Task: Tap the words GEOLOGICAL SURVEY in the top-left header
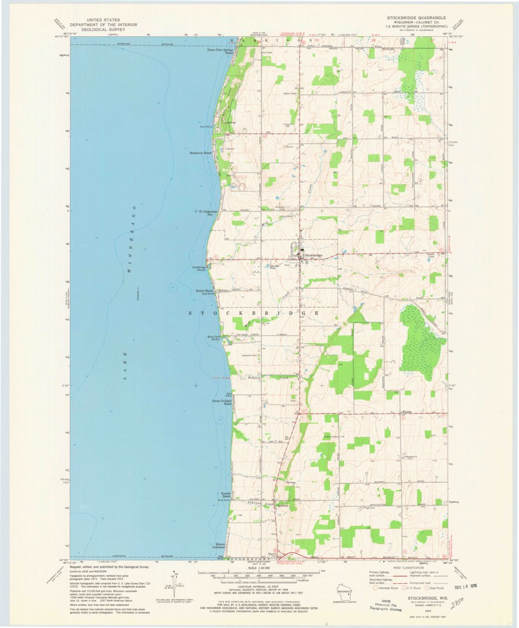pyautogui.click(x=103, y=29)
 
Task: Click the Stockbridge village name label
pyautogui.click(x=313, y=255)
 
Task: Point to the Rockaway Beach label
pyautogui.click(x=201, y=153)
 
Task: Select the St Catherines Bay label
pyautogui.click(x=208, y=213)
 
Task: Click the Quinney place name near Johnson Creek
pyautogui.click(x=283, y=506)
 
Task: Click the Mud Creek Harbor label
pyautogui.click(x=213, y=339)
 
